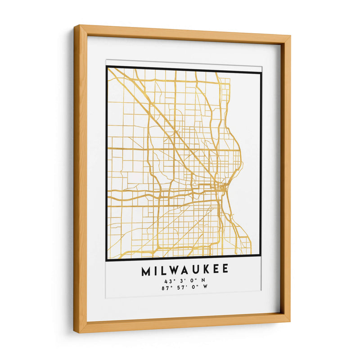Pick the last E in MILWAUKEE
(x=225, y=270)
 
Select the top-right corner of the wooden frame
(x=290, y=35)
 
